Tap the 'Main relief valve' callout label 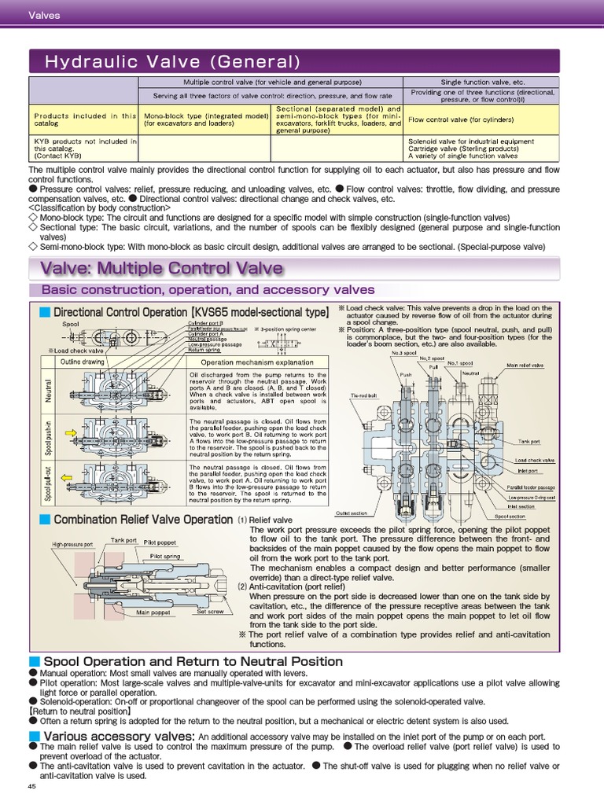(525, 366)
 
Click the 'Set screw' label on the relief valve (210, 611)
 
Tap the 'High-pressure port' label (73, 544)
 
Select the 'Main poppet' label (153, 612)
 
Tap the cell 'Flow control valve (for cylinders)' (450, 119)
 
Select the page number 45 (32, 786)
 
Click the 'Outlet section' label (351, 513)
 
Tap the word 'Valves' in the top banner (44, 15)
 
